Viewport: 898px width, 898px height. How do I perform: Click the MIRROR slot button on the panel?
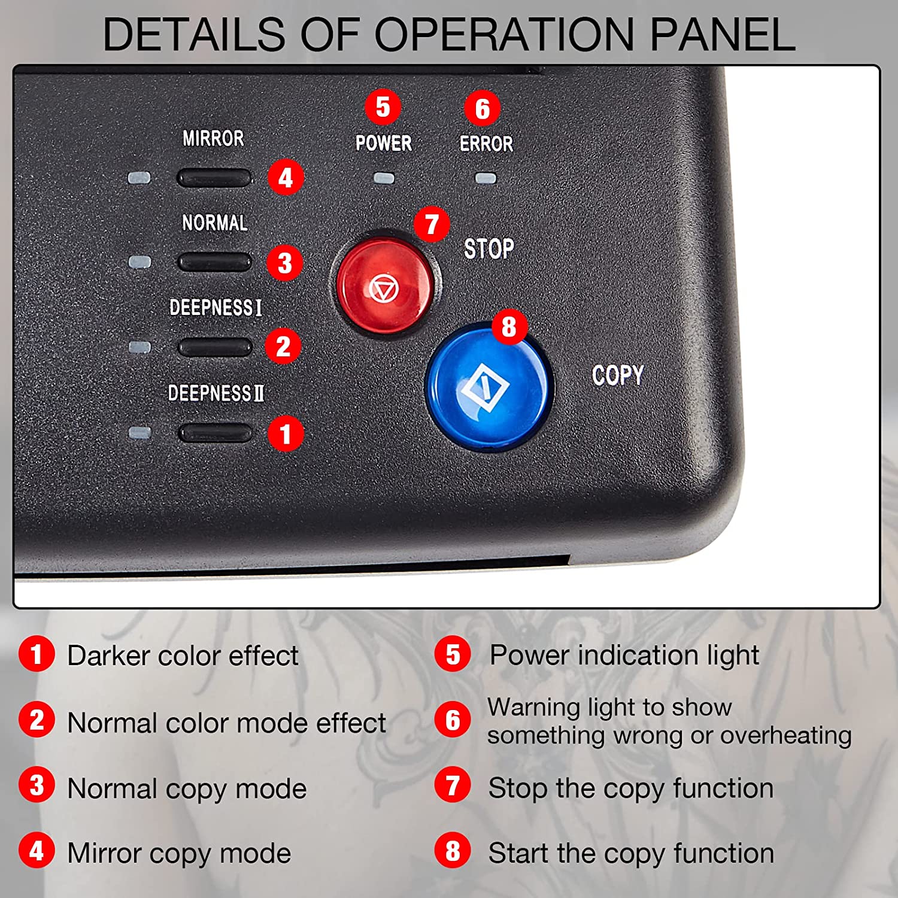214,178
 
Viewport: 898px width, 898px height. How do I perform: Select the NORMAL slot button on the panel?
214,262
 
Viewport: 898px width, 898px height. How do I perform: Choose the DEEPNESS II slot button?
215,433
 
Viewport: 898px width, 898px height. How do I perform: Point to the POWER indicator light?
384,178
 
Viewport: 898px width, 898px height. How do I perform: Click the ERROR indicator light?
486,178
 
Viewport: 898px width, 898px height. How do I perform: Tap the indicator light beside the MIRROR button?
139,178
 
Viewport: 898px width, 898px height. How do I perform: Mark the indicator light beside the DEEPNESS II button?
139,433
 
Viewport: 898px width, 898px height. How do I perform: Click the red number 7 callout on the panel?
432,224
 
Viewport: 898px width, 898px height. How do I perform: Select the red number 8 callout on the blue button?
509,327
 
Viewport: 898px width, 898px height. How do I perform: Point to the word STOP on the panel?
489,248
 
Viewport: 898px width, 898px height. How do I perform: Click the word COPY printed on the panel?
618,375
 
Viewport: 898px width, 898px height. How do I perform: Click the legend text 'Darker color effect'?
183,656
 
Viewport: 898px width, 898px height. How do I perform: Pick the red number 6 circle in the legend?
453,720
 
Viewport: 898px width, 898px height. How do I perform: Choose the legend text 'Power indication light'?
624,655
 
